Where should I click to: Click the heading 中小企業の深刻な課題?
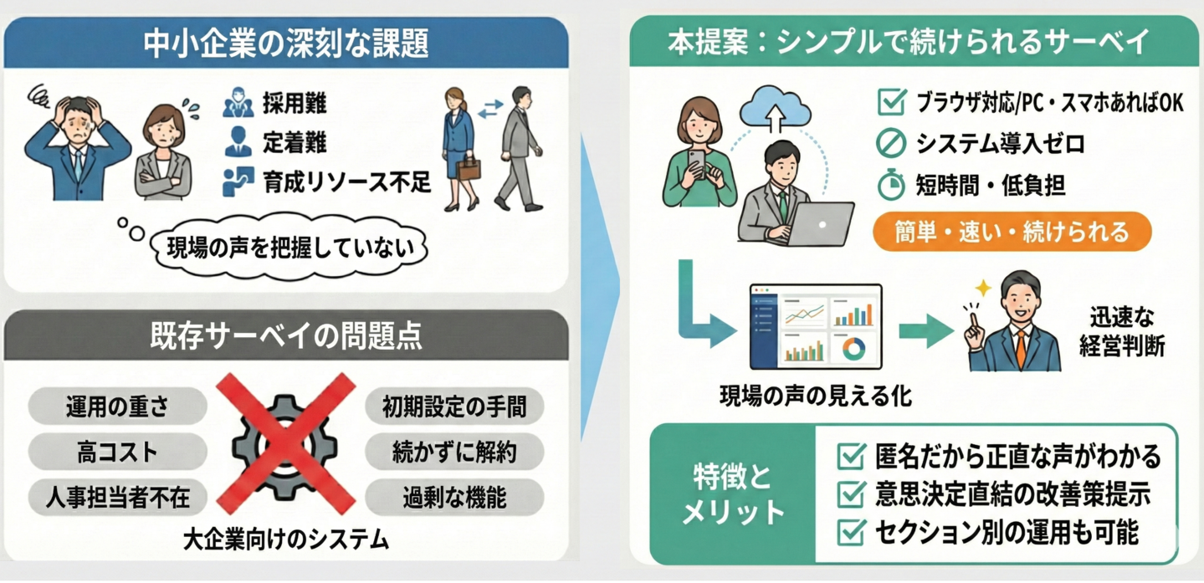pos(285,43)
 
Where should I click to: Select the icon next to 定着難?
pos(238,141)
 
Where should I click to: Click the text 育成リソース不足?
pos(346,182)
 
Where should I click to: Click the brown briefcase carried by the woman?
pos(469,168)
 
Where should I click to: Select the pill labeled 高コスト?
pos(117,453)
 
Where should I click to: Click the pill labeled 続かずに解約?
pos(454,453)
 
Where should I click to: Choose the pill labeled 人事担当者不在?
pos(117,499)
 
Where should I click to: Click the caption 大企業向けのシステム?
pos(286,540)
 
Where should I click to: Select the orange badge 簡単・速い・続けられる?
pos(1012,232)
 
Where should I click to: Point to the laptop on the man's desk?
pos(820,224)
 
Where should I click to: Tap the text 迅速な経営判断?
pos(1121,331)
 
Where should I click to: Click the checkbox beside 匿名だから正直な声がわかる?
pos(851,456)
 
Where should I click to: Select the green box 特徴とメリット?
pos(733,494)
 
